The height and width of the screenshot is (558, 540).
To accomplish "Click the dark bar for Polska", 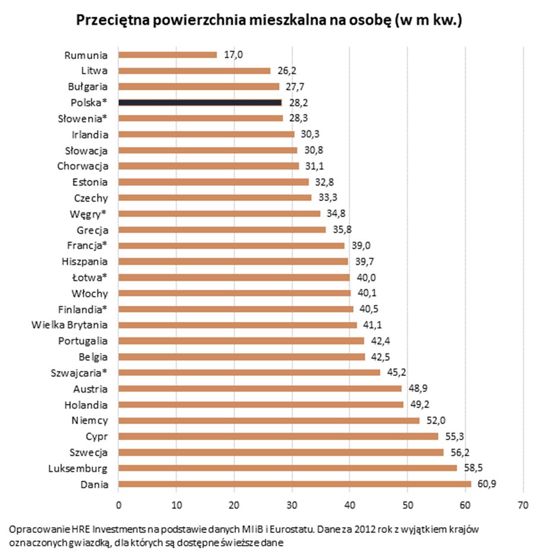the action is tap(200, 102).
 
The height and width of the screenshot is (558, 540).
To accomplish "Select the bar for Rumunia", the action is tap(168, 55).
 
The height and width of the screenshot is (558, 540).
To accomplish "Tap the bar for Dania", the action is tap(295, 484).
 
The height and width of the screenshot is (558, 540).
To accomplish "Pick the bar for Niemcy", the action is tap(269, 421).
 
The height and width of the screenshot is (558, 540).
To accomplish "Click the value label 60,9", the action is tap(486, 484).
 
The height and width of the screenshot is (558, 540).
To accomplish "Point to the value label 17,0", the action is tap(233, 55).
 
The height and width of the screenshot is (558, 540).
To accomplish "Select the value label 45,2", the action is tap(396, 372).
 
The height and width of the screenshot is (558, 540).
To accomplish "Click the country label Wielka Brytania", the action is tap(70, 325).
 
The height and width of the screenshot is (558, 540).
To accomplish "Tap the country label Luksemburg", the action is tap(78, 469).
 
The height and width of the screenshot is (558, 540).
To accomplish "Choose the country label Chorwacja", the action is tap(83, 166).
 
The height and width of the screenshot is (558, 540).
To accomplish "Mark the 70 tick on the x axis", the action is tap(523, 505).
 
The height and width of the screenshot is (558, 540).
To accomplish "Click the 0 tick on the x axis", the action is tap(118, 505).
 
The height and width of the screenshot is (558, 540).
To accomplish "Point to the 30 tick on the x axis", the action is tap(291, 505).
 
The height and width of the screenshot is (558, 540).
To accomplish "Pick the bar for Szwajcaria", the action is tap(249, 372).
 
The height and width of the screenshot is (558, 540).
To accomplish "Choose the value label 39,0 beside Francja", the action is tap(361, 246).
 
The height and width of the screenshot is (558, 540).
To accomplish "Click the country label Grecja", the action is tap(93, 230).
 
